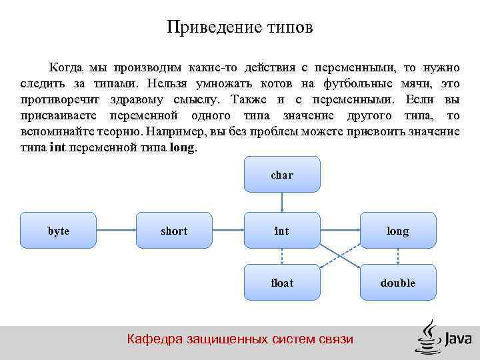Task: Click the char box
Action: [x=282, y=175]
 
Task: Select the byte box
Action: [x=59, y=231]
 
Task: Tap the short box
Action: [x=174, y=231]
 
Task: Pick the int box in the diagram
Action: [x=282, y=231]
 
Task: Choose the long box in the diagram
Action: [x=398, y=231]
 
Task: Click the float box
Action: [x=282, y=283]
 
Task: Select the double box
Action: [x=398, y=283]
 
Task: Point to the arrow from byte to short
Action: [x=117, y=231]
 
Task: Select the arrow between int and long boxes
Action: [x=340, y=231]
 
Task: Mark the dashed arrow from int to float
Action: [x=282, y=257]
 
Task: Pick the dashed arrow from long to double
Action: [x=398, y=257]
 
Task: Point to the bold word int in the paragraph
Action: [x=58, y=148]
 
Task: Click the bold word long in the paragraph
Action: [x=183, y=148]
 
